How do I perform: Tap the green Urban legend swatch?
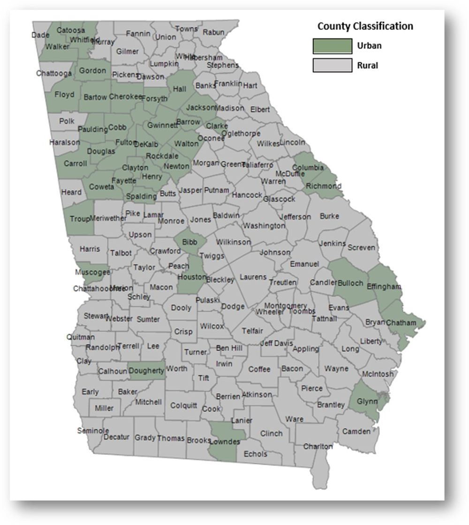point(332,46)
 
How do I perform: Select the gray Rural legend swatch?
point(332,65)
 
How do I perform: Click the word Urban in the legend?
point(369,46)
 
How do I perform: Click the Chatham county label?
point(401,323)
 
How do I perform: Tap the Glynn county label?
point(367,401)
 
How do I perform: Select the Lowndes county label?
point(226,441)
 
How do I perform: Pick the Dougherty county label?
point(146,371)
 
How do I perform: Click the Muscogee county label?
point(92,272)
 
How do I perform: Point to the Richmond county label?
point(324,186)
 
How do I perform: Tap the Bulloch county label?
point(350,283)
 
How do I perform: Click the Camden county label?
point(356,431)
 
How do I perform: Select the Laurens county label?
point(253,277)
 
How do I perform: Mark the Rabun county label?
point(213,32)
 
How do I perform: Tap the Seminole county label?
point(93,430)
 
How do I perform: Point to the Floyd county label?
point(64,95)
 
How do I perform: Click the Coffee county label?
point(259,369)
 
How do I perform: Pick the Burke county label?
point(329,216)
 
